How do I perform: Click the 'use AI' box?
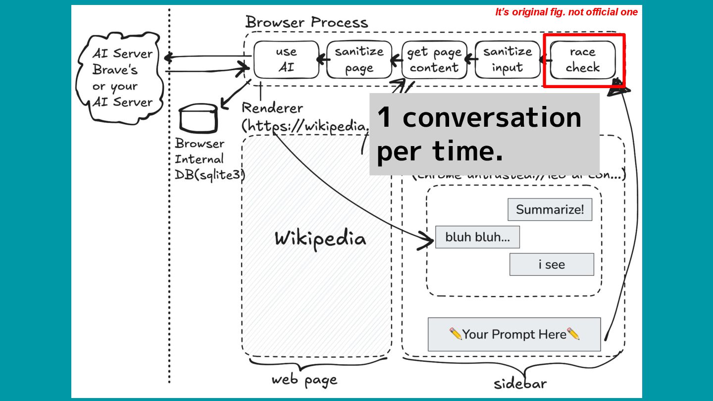pyautogui.click(x=286, y=59)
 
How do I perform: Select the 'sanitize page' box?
pyautogui.click(x=359, y=59)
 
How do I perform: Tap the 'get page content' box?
pyautogui.click(x=434, y=59)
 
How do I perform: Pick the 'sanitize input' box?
pyautogui.click(x=507, y=59)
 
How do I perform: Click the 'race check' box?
pyautogui.click(x=582, y=59)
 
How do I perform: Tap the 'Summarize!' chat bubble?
pyautogui.click(x=550, y=209)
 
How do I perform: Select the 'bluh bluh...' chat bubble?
pyautogui.click(x=477, y=237)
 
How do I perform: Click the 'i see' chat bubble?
pyautogui.click(x=552, y=264)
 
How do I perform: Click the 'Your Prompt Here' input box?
pyautogui.click(x=514, y=334)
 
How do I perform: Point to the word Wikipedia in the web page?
pyautogui.click(x=320, y=239)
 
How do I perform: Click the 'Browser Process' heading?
pyautogui.click(x=306, y=22)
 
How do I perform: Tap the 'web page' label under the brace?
pyautogui.click(x=304, y=380)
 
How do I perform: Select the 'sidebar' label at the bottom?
pyautogui.click(x=520, y=384)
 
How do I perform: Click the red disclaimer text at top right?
pyautogui.click(x=566, y=12)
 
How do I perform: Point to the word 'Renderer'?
pyautogui.click(x=272, y=108)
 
